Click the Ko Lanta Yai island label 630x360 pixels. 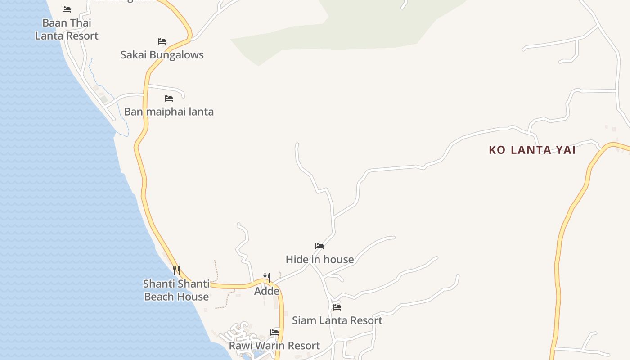[x=532, y=150]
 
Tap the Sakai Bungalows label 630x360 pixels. [x=162, y=55]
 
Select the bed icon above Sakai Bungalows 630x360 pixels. [x=162, y=41]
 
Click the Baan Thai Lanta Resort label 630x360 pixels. [x=67, y=29]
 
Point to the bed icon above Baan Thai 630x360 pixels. [x=67, y=9]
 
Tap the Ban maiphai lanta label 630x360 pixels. [x=169, y=112]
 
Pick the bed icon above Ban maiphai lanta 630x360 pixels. [x=169, y=98]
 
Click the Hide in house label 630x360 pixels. [x=319, y=259]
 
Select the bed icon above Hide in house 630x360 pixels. [x=319, y=246]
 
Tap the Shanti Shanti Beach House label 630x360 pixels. [x=176, y=290]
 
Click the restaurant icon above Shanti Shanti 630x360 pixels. [x=176, y=270]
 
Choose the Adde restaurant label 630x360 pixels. [x=267, y=291]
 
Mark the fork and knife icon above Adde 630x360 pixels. [x=267, y=277]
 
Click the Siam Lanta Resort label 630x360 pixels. [x=337, y=320]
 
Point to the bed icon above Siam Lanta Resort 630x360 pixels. [x=337, y=307]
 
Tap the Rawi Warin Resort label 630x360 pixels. [x=274, y=346]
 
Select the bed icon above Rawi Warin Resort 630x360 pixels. [x=274, y=333]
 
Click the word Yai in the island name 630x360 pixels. [x=566, y=150]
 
